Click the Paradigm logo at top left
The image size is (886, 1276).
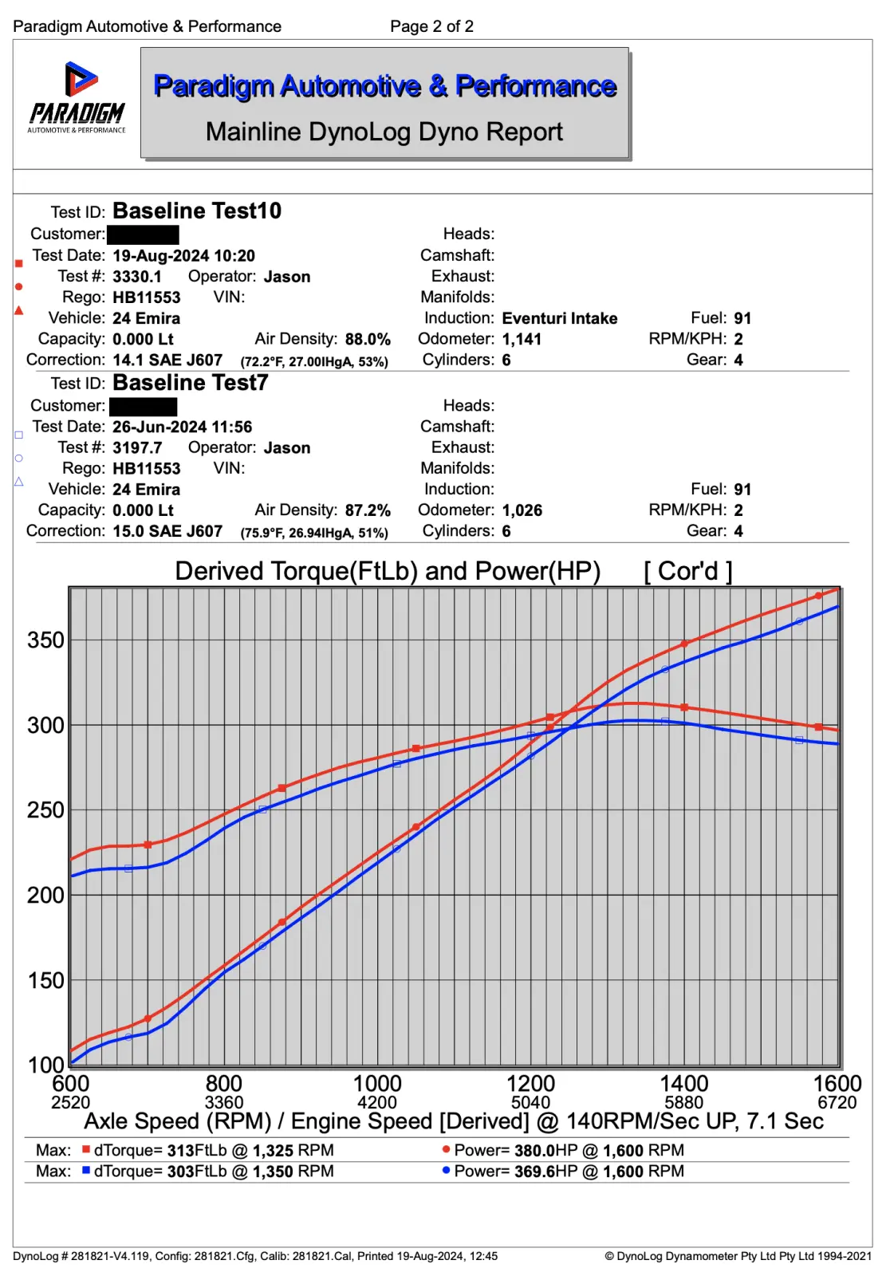(x=77, y=98)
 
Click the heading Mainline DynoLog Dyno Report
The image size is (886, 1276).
(x=384, y=132)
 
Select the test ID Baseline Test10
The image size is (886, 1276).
(x=196, y=211)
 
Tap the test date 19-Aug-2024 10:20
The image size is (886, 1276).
(x=183, y=256)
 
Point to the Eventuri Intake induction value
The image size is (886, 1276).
(x=559, y=318)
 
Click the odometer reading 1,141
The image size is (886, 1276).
(x=522, y=339)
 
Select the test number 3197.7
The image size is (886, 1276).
(x=137, y=448)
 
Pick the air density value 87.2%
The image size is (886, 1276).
(x=368, y=510)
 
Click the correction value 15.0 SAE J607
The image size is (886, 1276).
(x=167, y=531)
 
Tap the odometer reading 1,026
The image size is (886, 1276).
(x=522, y=510)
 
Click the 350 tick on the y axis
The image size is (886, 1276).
(x=45, y=640)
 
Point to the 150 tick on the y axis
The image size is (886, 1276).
(x=45, y=980)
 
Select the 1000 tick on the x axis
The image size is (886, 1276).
(x=377, y=1084)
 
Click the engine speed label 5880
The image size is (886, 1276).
(x=683, y=1103)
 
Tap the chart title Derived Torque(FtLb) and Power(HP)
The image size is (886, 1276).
(x=388, y=571)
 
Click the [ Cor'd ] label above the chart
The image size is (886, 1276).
(x=687, y=571)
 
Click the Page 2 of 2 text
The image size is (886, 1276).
(x=431, y=26)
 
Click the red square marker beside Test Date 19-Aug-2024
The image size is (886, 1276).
(x=18, y=263)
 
